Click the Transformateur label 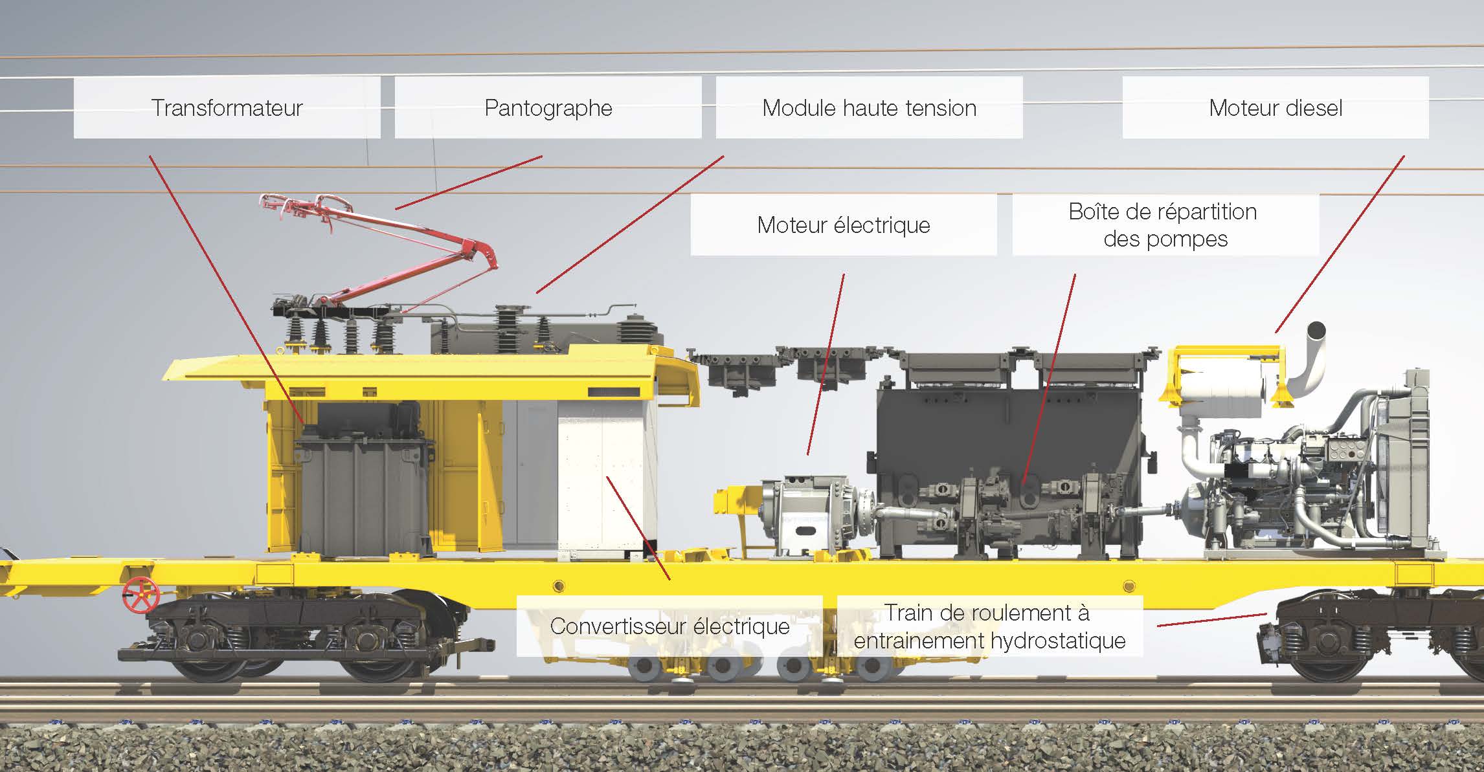click(x=227, y=107)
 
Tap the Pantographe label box click(x=548, y=107)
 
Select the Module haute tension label click(x=869, y=107)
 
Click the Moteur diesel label click(x=1275, y=107)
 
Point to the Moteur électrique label click(x=843, y=225)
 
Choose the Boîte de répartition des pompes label click(x=1164, y=225)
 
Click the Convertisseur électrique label click(x=669, y=626)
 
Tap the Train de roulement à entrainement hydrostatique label click(x=989, y=626)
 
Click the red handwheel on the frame click(x=141, y=595)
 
